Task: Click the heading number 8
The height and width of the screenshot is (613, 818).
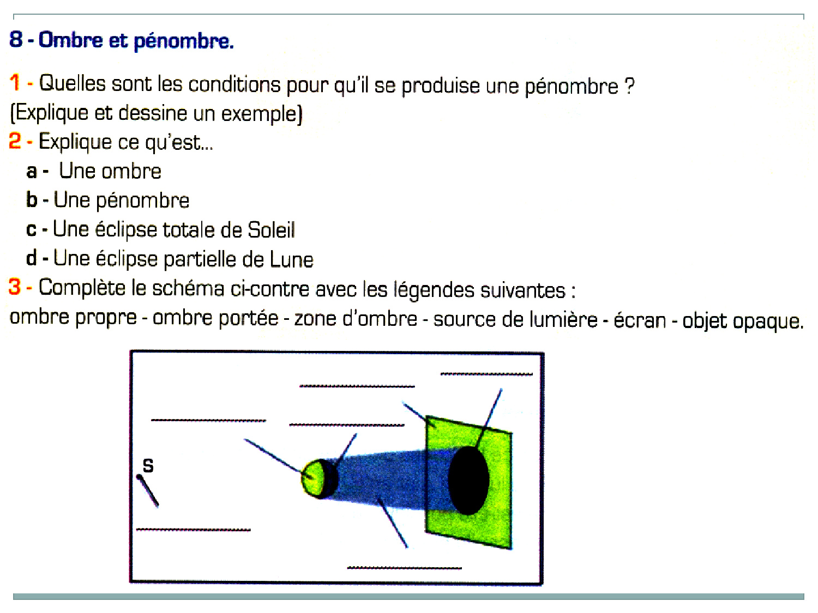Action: [x=16, y=39]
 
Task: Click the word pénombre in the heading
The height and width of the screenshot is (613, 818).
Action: [x=184, y=41]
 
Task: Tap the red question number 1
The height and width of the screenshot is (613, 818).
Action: [x=15, y=83]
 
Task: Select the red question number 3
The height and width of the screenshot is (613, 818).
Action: [x=15, y=287]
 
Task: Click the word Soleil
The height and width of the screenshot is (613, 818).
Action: [x=271, y=230]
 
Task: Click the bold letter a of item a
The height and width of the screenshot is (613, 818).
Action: [x=32, y=172]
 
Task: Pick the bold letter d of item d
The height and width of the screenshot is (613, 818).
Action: [x=32, y=258]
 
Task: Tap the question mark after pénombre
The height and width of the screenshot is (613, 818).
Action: [x=629, y=86]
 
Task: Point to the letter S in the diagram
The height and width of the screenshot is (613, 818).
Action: [x=148, y=465]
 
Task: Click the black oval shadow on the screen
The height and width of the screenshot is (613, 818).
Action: [x=468, y=480]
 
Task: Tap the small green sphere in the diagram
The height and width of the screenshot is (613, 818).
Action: [x=314, y=478]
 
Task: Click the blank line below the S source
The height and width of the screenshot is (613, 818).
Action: [x=193, y=529]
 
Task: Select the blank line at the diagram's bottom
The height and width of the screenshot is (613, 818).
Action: [x=404, y=568]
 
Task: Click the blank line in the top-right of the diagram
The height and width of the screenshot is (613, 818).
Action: [x=486, y=374]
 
